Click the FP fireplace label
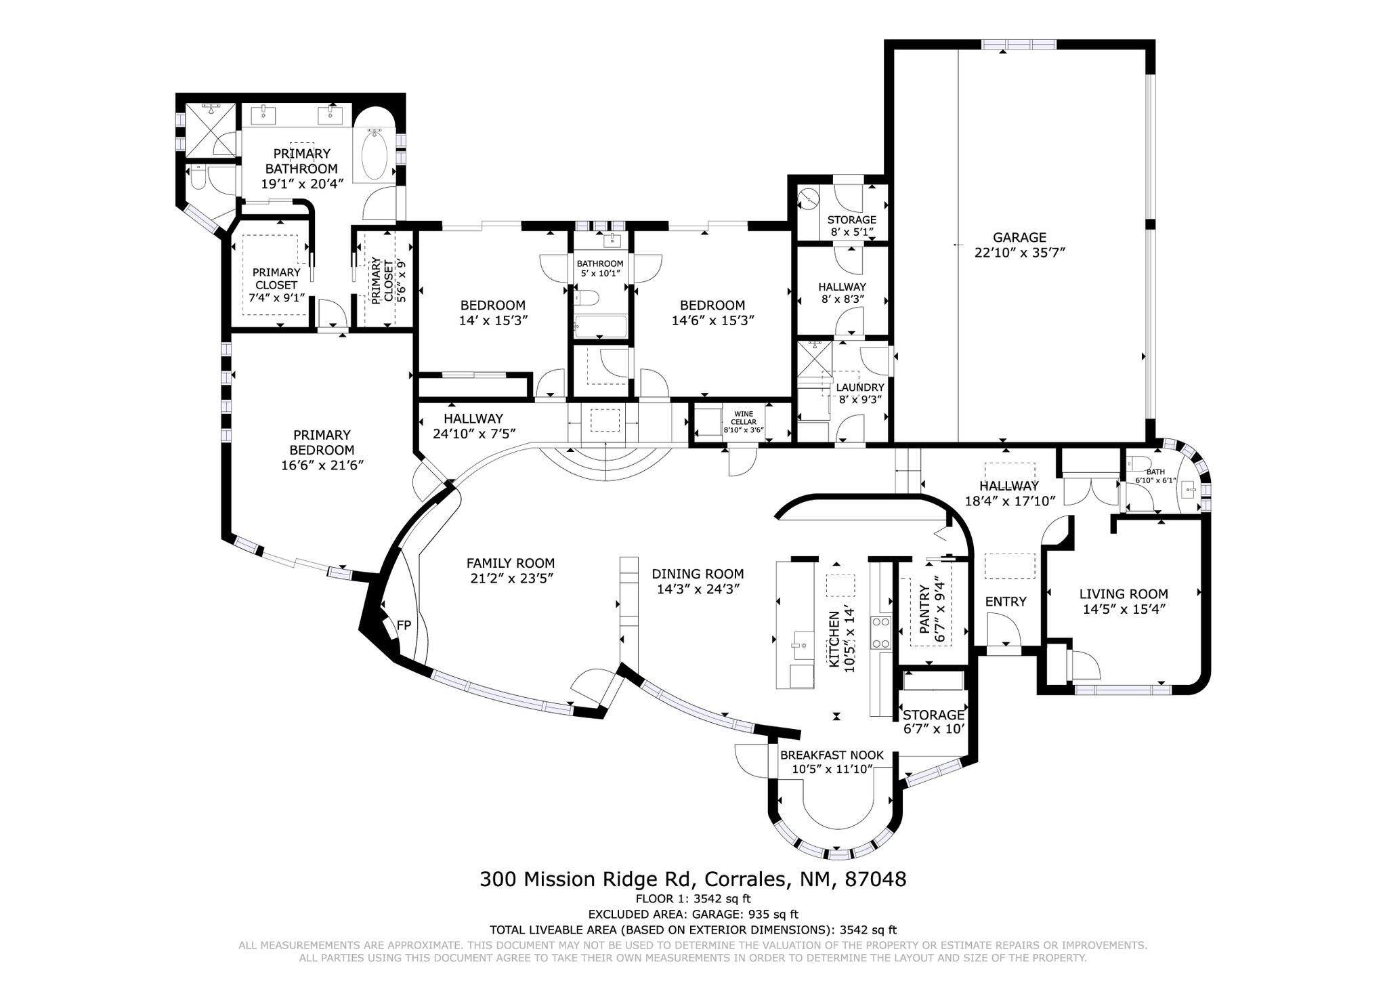[x=404, y=625]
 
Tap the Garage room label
[x=1019, y=237]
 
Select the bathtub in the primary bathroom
[x=372, y=154]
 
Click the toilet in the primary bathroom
[x=197, y=178]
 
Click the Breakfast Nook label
[x=832, y=755]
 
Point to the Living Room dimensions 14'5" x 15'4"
[x=1123, y=609]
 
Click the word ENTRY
[x=1005, y=602]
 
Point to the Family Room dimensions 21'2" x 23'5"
[x=510, y=578]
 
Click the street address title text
[x=693, y=879]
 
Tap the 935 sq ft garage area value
[x=773, y=914]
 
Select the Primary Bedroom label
[x=322, y=442]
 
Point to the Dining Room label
[x=698, y=574]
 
